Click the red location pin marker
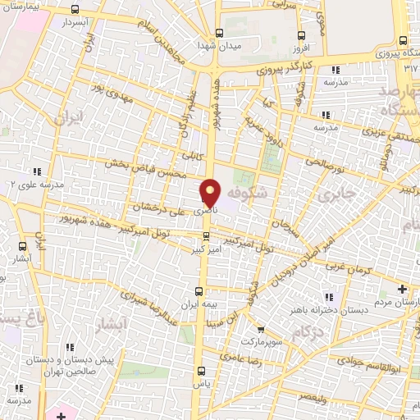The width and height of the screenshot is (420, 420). [x=211, y=193]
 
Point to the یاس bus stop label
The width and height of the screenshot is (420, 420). [x=201, y=383]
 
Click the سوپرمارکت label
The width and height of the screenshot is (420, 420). [x=262, y=339]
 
